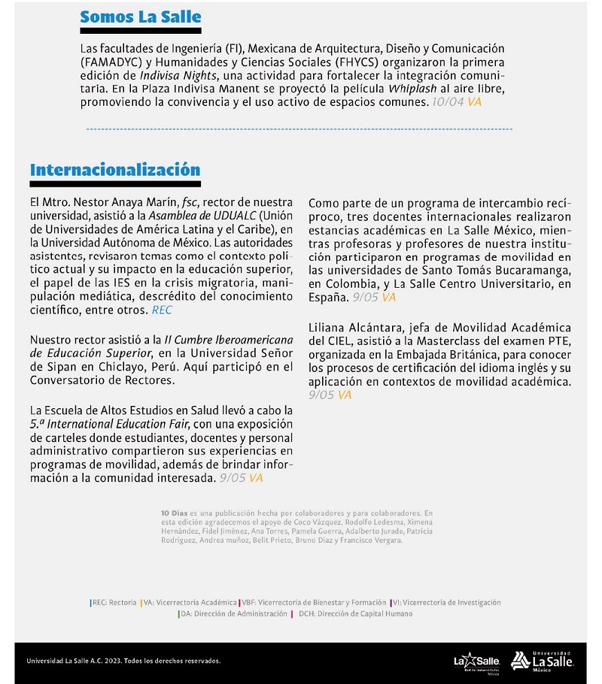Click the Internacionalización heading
[x=115, y=170]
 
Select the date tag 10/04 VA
[x=454, y=101]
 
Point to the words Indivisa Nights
[x=175, y=75]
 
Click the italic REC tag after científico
[x=162, y=309]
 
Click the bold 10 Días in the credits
[x=171, y=511]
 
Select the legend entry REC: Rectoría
[x=114, y=602]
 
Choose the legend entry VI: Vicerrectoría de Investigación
[x=446, y=602]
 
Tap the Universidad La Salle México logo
[x=542, y=661]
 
